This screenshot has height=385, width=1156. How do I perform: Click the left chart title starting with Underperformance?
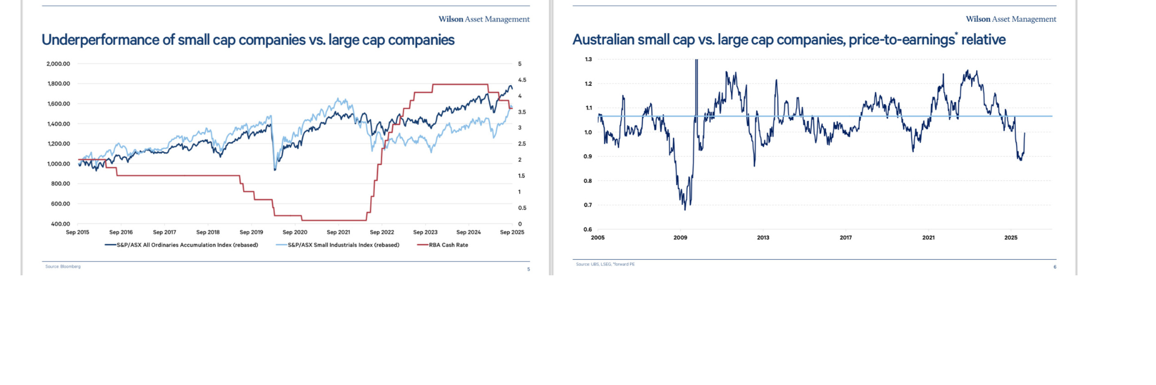click(x=248, y=40)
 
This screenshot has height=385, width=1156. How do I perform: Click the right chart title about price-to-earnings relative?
click(x=789, y=40)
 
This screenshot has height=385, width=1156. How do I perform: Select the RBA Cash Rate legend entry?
click(x=448, y=245)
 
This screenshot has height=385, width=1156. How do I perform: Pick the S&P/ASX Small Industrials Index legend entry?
click(x=343, y=245)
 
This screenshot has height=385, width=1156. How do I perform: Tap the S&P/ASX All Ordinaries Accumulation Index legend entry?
click(x=187, y=245)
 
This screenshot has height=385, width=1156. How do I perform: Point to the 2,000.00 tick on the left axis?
click(x=58, y=64)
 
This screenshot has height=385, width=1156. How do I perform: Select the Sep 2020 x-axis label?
click(x=295, y=232)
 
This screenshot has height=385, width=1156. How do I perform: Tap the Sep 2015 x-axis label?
click(x=77, y=232)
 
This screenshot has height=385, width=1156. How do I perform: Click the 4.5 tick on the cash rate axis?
click(x=522, y=80)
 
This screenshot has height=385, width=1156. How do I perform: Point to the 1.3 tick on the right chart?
click(x=588, y=59)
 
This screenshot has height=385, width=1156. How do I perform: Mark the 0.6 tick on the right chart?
click(x=588, y=229)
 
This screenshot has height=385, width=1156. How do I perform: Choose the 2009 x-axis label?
click(x=680, y=238)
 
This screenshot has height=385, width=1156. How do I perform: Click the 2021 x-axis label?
click(x=928, y=238)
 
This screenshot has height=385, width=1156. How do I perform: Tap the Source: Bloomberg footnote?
click(x=63, y=267)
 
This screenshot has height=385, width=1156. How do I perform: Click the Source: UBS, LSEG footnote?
click(x=605, y=264)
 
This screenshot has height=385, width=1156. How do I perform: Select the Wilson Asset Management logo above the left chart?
click(x=484, y=19)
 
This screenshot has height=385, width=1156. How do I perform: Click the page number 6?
click(x=1055, y=267)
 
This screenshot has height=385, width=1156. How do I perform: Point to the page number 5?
click(x=528, y=269)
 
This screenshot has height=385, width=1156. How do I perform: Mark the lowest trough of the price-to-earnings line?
click(x=685, y=209)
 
